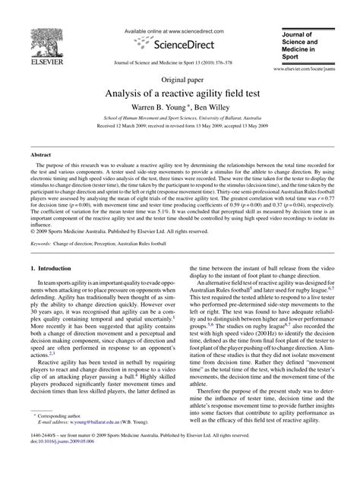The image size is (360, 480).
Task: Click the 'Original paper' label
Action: (179, 79)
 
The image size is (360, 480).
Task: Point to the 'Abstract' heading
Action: (40, 154)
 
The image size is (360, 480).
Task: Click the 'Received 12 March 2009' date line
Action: (179, 128)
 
